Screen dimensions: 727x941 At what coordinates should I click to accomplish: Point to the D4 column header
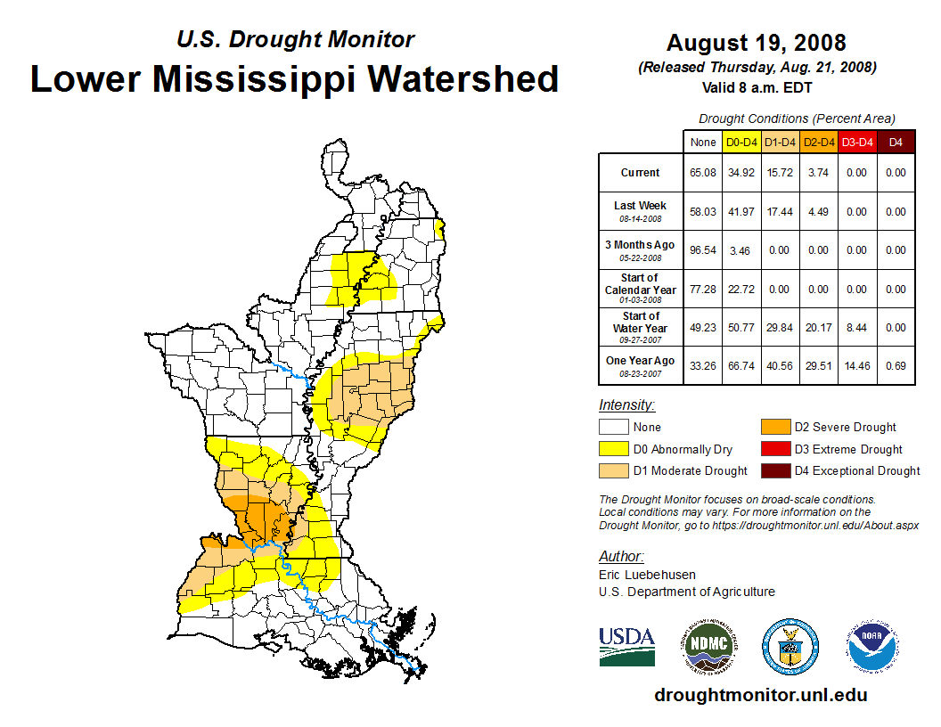click(896, 142)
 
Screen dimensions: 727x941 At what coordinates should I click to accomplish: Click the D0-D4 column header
click(741, 142)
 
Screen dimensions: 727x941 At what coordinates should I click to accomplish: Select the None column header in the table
click(703, 142)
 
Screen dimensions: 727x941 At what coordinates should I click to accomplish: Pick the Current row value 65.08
click(703, 173)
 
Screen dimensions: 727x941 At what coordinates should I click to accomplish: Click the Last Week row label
click(640, 206)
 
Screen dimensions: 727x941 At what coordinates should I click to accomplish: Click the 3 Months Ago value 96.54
click(703, 250)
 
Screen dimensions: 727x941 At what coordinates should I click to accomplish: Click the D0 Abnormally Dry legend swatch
click(613, 449)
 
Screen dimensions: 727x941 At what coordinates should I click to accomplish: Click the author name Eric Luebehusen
click(646, 575)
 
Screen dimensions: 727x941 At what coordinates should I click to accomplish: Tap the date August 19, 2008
click(757, 43)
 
